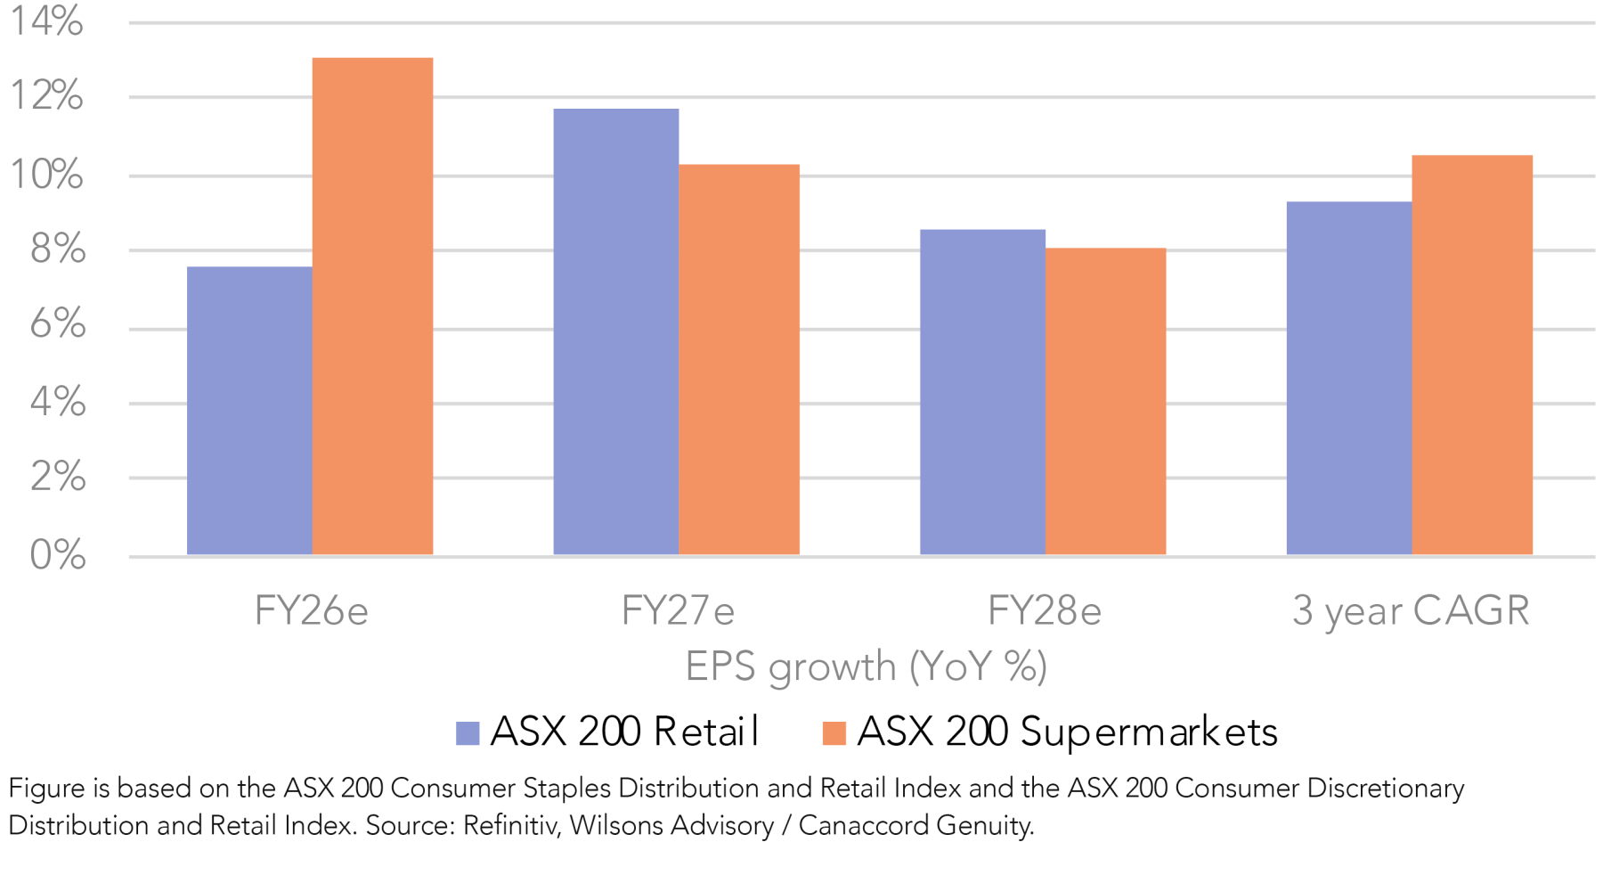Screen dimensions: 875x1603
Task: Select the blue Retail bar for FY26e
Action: [249, 410]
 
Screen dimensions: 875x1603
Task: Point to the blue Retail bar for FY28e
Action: [982, 392]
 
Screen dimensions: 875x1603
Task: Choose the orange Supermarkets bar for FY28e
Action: [1105, 401]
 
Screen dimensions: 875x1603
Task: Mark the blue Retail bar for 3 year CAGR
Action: [1348, 378]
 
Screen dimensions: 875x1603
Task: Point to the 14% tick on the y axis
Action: [46, 20]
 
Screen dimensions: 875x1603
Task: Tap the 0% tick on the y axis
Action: [58, 555]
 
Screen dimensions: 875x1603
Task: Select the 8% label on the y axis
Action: [58, 249]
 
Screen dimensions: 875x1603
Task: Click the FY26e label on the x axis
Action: [311, 611]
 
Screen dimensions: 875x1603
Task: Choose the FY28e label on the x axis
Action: [1044, 611]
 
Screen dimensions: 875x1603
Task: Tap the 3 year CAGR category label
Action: [1411, 611]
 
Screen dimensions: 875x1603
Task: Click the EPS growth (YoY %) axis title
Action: [866, 666]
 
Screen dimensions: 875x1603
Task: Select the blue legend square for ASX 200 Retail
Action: [468, 733]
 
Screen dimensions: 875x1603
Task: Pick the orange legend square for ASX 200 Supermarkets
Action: [834, 733]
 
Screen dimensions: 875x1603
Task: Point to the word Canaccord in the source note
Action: [853, 826]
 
